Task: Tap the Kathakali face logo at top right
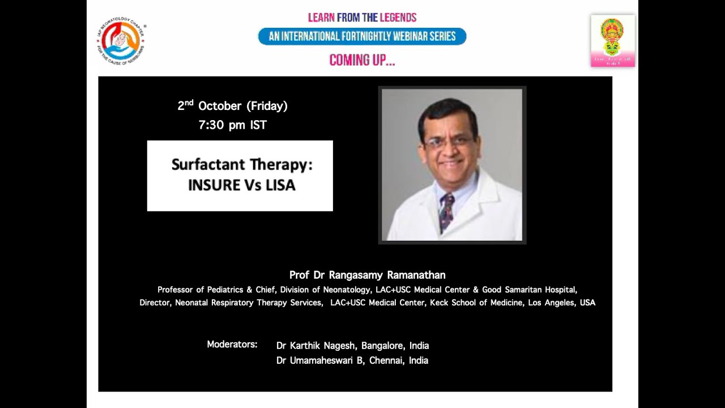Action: point(612,40)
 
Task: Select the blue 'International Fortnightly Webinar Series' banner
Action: point(362,37)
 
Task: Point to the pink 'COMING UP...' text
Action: point(362,60)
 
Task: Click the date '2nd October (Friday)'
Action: point(233,106)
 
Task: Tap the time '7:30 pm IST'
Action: point(232,125)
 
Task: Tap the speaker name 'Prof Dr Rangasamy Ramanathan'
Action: point(367,275)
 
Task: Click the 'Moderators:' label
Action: point(232,345)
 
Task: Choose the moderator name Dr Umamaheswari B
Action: point(319,360)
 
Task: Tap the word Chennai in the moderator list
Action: point(387,360)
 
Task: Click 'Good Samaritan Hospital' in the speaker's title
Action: point(529,290)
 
